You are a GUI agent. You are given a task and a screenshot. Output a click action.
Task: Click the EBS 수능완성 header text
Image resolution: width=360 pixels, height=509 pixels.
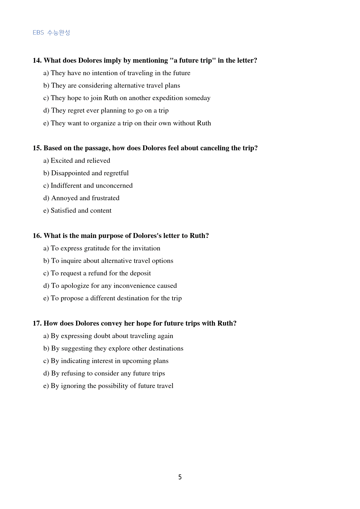[x=51, y=33]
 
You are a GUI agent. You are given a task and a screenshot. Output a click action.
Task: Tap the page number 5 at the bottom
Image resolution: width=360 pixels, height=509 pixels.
[x=180, y=477]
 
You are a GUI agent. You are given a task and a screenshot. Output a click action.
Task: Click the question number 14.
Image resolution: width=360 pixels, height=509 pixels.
[x=37, y=60]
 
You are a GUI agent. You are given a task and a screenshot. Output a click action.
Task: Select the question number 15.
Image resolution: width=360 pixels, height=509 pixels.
[x=37, y=148]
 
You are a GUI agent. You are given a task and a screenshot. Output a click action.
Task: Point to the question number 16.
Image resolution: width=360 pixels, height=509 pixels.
[x=37, y=236]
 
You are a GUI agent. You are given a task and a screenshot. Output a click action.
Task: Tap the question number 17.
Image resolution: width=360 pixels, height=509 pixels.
[x=37, y=323]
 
